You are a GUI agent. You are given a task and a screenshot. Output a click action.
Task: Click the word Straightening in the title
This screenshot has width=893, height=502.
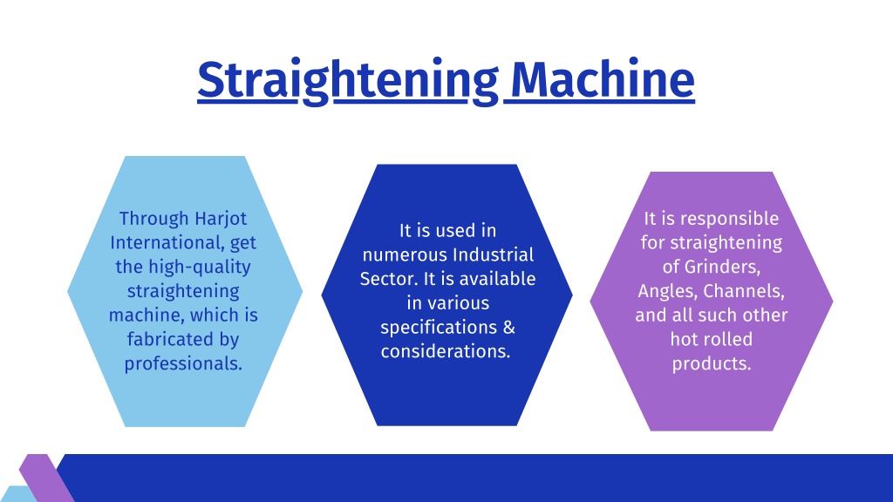(x=348, y=81)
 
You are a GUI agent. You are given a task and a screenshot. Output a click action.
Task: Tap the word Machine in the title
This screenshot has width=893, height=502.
(x=603, y=79)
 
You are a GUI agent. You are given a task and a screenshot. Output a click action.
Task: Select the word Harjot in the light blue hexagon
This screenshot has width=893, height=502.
(x=221, y=219)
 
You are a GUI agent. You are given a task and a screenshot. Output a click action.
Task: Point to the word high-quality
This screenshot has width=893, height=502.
(x=200, y=268)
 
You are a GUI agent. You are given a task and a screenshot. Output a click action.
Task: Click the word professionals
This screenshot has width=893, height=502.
(x=183, y=363)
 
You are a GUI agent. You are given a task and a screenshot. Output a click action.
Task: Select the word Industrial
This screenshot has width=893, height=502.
(x=494, y=254)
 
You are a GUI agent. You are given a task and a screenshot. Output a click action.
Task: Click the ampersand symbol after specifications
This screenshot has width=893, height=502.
(x=509, y=328)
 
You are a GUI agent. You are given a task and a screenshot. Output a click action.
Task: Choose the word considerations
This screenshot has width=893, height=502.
(x=446, y=352)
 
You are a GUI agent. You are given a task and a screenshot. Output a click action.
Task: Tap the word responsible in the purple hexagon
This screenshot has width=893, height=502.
(x=730, y=219)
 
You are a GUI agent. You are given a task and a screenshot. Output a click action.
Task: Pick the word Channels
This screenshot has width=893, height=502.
(x=744, y=291)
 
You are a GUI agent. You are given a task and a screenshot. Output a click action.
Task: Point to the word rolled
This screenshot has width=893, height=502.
(x=729, y=339)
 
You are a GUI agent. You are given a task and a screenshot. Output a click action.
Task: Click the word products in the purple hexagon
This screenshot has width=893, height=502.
(x=712, y=363)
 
